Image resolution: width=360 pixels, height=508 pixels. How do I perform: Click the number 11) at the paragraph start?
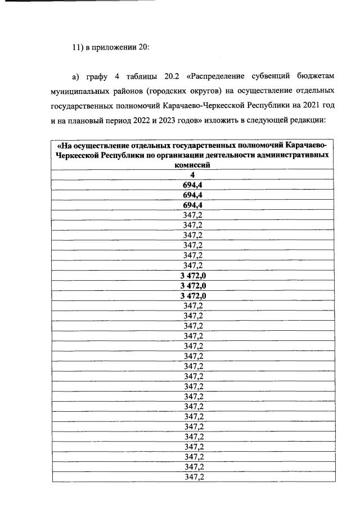click(x=78, y=47)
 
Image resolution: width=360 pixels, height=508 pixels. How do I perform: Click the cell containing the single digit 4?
click(x=192, y=174)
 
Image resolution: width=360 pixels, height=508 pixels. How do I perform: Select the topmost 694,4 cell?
click(x=192, y=185)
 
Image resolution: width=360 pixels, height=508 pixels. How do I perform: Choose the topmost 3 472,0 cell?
click(x=192, y=276)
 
